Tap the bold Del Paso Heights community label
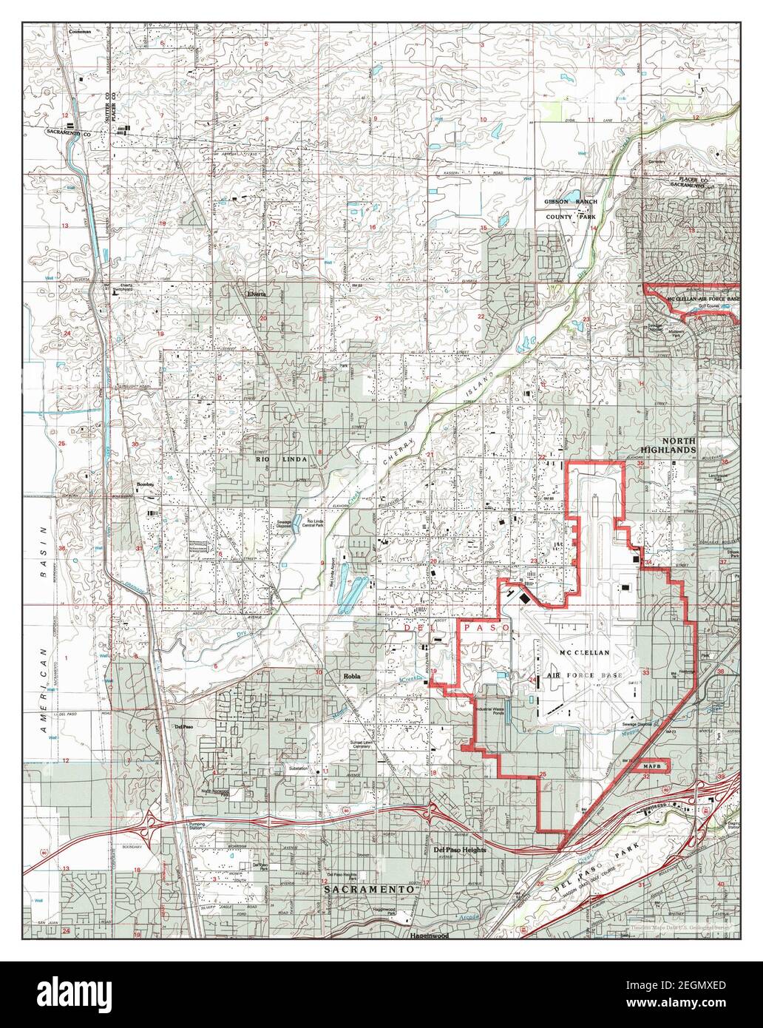coord(460,850)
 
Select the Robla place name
coord(351,676)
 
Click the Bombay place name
coord(145,485)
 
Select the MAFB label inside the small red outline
coord(651,765)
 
